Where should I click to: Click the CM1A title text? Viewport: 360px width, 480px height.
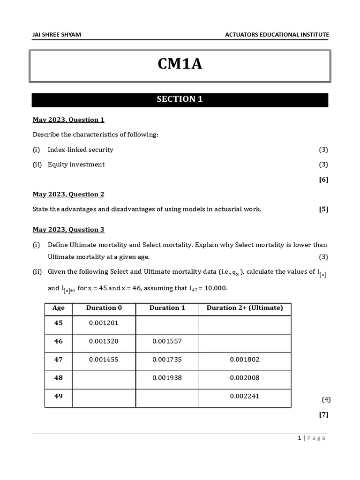[x=180, y=64]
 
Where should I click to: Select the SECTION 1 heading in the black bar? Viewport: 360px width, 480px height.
[x=180, y=99]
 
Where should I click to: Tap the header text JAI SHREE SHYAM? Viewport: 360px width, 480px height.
[x=56, y=35]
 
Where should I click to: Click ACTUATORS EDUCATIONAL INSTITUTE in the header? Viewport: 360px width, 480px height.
[x=277, y=35]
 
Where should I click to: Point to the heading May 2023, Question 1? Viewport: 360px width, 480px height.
[x=68, y=120]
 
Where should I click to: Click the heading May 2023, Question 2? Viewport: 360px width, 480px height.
[x=68, y=194]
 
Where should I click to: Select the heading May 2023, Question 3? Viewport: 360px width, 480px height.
[x=68, y=230]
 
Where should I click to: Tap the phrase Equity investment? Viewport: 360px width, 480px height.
[x=76, y=165]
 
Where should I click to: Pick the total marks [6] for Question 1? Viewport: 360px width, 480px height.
[x=323, y=180]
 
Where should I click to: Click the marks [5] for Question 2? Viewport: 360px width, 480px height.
[x=323, y=210]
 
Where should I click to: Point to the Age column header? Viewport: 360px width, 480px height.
[x=59, y=308]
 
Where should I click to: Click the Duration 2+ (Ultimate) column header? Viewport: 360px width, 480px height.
[x=245, y=308]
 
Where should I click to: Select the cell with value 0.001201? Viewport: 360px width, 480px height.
[x=104, y=323]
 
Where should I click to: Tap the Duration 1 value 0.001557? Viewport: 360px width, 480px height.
[x=167, y=342]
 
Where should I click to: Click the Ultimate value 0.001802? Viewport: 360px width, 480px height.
[x=244, y=360]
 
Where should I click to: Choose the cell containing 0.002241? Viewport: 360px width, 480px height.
[x=244, y=396]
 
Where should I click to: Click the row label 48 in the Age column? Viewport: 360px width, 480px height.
[x=59, y=378]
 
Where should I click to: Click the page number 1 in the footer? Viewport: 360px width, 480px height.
[x=299, y=438]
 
